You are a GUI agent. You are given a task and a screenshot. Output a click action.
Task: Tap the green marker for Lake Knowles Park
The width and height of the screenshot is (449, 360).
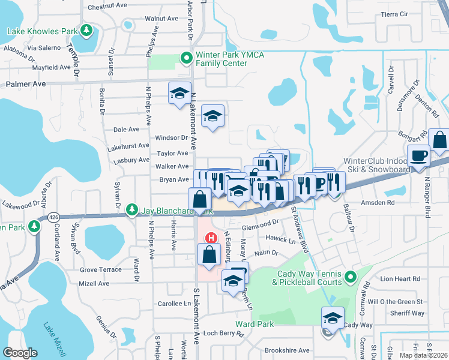[x=86, y=30]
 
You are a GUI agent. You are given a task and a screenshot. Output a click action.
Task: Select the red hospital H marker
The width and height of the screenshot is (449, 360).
[x=211, y=237]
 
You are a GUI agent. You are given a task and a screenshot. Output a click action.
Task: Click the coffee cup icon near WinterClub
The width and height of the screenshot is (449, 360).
[x=418, y=155]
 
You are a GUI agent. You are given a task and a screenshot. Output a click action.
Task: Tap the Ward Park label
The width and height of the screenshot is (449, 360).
[x=255, y=324]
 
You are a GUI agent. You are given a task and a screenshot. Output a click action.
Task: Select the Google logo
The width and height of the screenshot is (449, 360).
[x=20, y=352]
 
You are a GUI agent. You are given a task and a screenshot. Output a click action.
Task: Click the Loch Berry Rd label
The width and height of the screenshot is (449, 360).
[x=220, y=333]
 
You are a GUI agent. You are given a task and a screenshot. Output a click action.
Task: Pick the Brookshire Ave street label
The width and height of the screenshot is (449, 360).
[x=288, y=350]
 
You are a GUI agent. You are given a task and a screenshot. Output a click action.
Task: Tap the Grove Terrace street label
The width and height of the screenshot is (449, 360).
[x=101, y=270]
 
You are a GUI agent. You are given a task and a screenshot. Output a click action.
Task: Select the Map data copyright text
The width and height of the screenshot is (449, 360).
[x=423, y=355]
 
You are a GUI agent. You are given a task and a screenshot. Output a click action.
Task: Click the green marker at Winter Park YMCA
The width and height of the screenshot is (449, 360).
[x=186, y=58]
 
